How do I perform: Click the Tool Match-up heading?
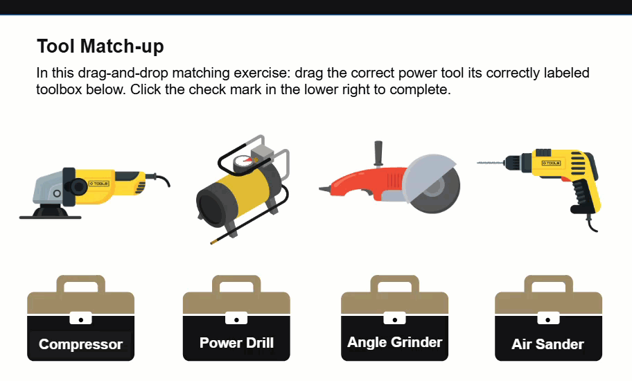tap(100, 46)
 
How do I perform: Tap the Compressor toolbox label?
tap(80, 344)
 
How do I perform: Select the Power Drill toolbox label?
tap(236, 343)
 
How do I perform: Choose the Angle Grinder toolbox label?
tap(394, 342)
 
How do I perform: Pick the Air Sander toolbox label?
tap(547, 344)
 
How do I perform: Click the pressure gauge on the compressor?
tap(243, 163)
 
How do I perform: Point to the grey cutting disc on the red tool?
tap(431, 184)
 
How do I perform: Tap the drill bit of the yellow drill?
tap(491, 163)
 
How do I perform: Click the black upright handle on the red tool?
tap(378, 154)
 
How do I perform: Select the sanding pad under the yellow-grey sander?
tap(51, 215)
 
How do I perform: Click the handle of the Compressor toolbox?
tap(80, 283)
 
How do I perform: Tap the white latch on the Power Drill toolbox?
tap(236, 318)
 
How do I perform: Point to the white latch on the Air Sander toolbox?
tap(548, 318)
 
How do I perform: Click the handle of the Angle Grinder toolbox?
tap(394, 283)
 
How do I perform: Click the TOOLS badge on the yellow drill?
tap(551, 163)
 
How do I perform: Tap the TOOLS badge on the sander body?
tap(98, 184)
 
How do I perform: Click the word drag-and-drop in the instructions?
tap(123, 73)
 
